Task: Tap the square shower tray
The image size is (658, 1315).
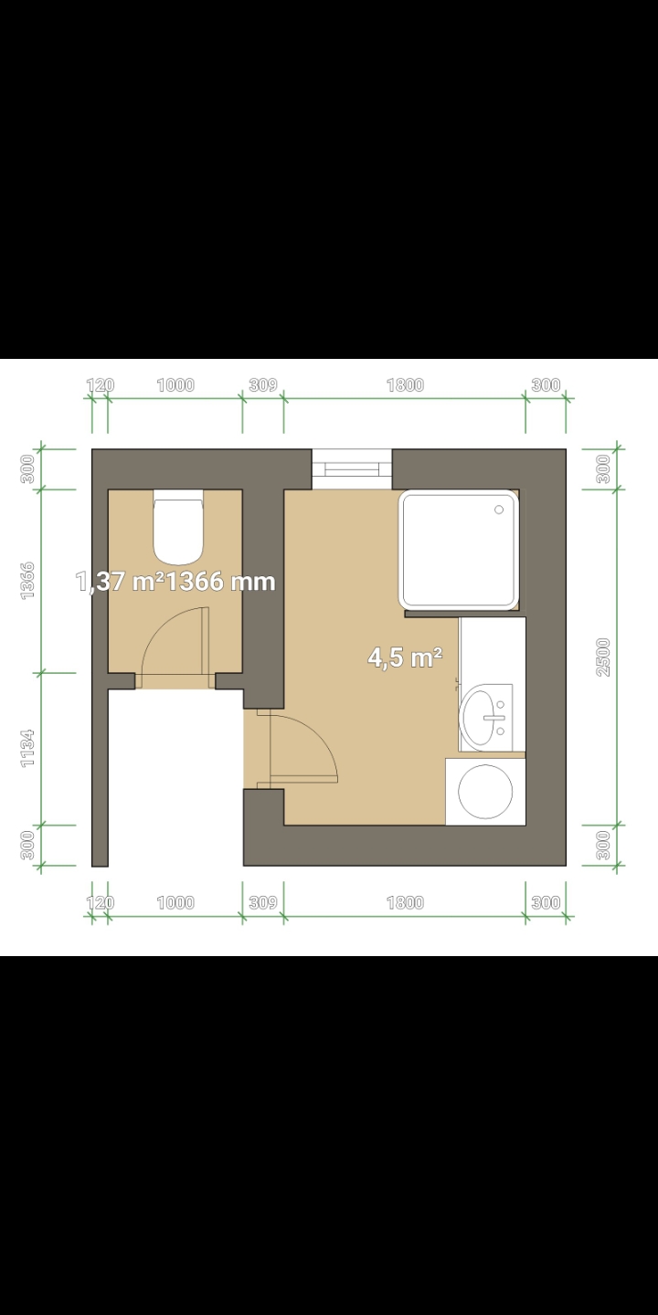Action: [x=459, y=549]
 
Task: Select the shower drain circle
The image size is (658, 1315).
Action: [x=499, y=510]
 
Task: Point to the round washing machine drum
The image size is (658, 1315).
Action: [x=485, y=792]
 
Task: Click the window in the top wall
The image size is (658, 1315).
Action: [x=352, y=469]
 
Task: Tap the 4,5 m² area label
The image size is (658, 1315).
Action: [x=405, y=657]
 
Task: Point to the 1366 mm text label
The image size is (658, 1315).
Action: [x=220, y=582]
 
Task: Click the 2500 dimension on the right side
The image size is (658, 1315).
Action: [x=603, y=657]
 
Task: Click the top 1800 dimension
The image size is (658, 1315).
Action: [x=406, y=385]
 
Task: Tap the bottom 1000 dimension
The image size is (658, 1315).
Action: [x=175, y=902]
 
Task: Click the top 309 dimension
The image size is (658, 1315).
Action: [x=263, y=385]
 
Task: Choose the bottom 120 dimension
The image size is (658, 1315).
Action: [x=101, y=902]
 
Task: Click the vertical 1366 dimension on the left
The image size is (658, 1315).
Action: [x=27, y=581]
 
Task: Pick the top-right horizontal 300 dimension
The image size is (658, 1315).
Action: [x=546, y=385]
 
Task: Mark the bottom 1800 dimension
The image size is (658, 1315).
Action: [x=406, y=902]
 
